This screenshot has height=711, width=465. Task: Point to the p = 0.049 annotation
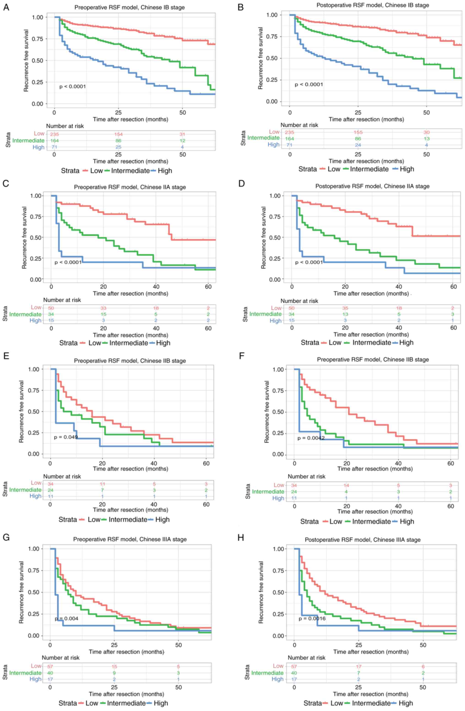pyautogui.click(x=66, y=437)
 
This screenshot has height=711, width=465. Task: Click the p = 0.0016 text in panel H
pyautogui.click(x=312, y=618)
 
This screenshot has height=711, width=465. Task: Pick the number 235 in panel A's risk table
pyautogui.click(x=55, y=134)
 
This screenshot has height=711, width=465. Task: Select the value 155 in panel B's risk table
pyautogui.click(x=358, y=132)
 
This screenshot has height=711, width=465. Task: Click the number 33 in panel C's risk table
pyautogui.click(x=103, y=308)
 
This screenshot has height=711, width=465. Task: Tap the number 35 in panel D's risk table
pyautogui.click(x=345, y=308)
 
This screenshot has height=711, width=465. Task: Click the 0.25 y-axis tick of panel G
pyautogui.click(x=34, y=614)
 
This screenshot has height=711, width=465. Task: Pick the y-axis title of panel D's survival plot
pyautogui.click(x=263, y=237)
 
